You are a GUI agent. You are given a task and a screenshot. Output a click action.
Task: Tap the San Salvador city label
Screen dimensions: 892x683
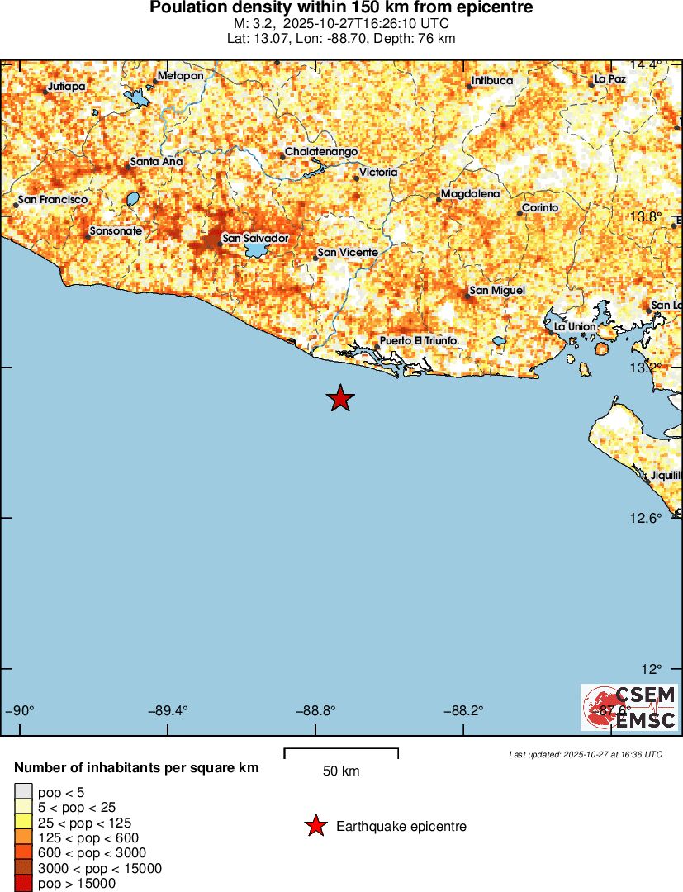pos(255,238)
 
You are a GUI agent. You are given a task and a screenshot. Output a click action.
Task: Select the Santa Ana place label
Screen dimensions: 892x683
pos(156,161)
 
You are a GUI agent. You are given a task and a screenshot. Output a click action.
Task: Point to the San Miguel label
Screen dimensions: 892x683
pos(497,290)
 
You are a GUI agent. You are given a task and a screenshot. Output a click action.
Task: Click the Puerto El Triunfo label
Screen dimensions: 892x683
pos(418,340)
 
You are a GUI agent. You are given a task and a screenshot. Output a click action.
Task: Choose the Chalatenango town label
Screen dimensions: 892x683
pos(321,153)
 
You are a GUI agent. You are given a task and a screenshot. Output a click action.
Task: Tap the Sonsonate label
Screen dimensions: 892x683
pos(116,231)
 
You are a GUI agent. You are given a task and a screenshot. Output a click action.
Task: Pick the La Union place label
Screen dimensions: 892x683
pos(575,327)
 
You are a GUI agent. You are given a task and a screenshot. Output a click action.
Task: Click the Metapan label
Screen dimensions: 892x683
pos(180,76)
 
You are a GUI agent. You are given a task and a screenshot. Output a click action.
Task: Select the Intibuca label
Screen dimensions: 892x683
pos(492,81)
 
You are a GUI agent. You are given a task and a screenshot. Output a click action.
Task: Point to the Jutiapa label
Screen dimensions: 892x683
pos(67,86)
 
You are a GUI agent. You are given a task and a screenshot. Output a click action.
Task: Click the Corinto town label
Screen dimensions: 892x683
pos(540,207)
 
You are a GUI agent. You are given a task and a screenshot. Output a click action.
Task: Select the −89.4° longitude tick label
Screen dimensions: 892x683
pos(168,710)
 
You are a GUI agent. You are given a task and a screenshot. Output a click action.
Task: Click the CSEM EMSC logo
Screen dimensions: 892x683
pos(630,708)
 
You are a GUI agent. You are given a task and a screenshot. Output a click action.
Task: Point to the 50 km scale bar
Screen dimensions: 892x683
pos(341,752)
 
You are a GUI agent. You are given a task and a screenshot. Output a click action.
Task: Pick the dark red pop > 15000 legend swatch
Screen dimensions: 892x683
pos(23,884)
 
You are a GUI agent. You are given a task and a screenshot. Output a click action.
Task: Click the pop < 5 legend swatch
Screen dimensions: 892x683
pos(23,792)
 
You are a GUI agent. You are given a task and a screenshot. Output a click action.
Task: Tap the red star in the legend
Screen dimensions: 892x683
pos(315,826)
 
